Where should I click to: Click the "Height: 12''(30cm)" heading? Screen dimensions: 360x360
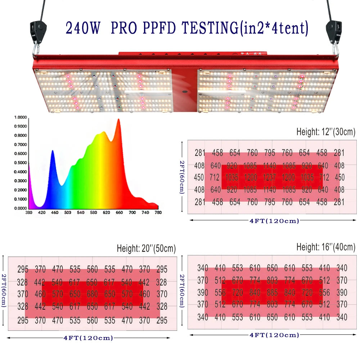coord(326,131)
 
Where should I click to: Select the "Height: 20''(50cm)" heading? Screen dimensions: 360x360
coord(146,248)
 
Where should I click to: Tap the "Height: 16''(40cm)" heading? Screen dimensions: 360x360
coord(326,247)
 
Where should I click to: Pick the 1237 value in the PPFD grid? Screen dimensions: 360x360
coord(269,177)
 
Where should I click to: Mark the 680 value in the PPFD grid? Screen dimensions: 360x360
coord(92,294)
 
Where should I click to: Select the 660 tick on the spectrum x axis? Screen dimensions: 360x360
coord(119,213)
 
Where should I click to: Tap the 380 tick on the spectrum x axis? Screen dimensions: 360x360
coord(29,213)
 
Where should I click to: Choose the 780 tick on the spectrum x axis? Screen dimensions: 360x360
coord(158,213)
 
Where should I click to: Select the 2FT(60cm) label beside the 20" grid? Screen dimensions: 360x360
coord(4,294)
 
